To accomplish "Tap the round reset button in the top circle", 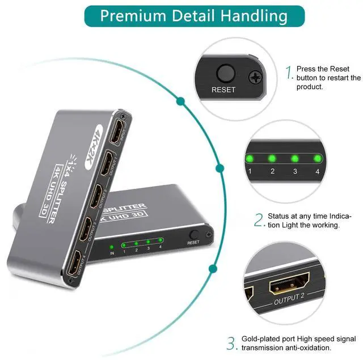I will [226, 73].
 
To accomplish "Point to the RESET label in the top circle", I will [223, 90].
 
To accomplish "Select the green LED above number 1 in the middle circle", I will [248, 158].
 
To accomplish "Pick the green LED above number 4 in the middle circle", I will [317, 158].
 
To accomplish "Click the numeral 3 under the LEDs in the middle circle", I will [295, 171].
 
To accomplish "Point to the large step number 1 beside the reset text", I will [289, 72].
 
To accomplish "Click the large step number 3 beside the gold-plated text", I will [231, 343].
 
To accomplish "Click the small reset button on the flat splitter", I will [193, 234].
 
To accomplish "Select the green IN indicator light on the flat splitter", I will [112, 247].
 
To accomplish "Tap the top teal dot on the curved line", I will [181, 102].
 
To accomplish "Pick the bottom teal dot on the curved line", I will [213, 269].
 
